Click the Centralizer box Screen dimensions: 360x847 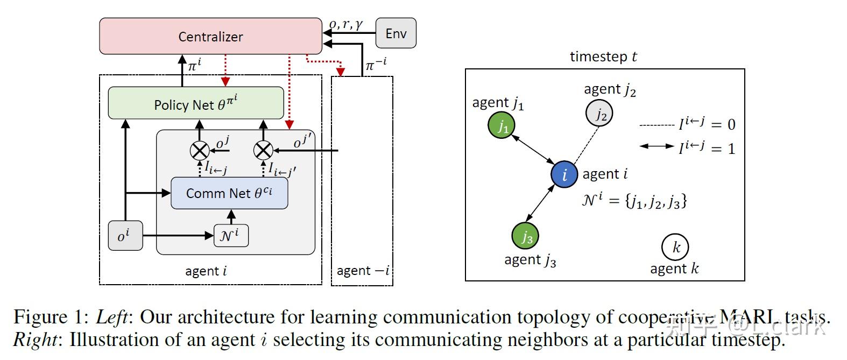click(x=210, y=36)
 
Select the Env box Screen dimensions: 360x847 click(x=396, y=33)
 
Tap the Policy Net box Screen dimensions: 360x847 click(x=196, y=103)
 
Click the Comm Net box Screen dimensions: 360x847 click(x=229, y=193)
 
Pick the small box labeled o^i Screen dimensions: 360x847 click(x=125, y=236)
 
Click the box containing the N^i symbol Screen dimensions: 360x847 click(x=231, y=236)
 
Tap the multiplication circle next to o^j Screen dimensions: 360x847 click(x=200, y=150)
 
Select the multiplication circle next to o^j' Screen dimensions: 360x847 click(x=263, y=150)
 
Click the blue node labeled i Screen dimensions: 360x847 click(x=564, y=174)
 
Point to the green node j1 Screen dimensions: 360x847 click(x=502, y=126)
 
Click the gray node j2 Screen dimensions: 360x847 click(x=599, y=114)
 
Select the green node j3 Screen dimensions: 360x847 click(x=525, y=236)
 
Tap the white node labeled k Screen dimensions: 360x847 click(x=675, y=247)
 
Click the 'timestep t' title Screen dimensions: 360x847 click(x=603, y=57)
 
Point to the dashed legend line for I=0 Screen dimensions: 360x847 click(x=657, y=125)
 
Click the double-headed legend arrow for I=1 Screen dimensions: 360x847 click(x=657, y=146)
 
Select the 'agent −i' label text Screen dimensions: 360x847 click(x=363, y=271)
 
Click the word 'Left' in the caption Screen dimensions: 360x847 click(x=112, y=317)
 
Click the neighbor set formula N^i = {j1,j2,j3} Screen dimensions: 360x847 click(x=634, y=200)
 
